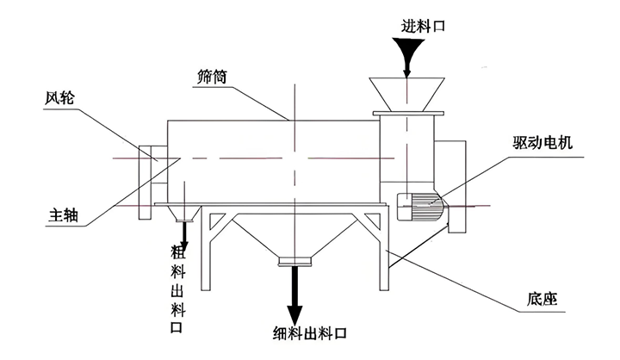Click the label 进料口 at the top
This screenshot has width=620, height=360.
point(423,26)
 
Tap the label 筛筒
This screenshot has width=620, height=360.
point(211,76)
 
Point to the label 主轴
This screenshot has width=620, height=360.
point(64,216)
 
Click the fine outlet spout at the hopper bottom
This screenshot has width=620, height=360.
point(294,261)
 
